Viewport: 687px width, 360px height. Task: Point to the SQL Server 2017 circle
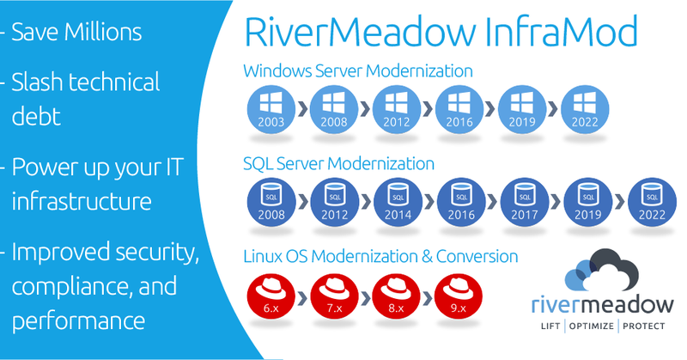tap(522, 204)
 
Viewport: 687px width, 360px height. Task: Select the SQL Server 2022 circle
tap(649, 204)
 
